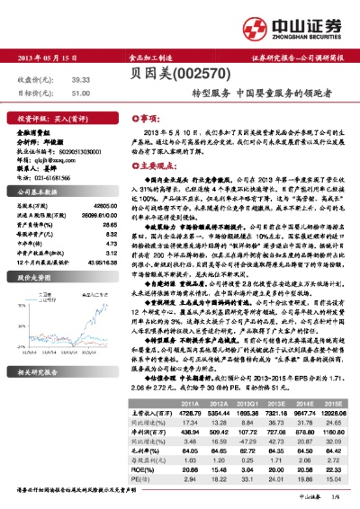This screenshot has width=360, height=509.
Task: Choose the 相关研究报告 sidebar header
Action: (x=38, y=346)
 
